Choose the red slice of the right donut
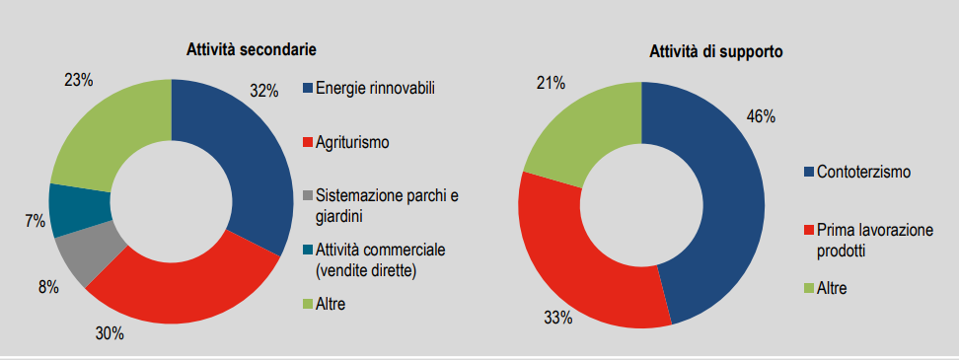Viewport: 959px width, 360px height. (x=572, y=266)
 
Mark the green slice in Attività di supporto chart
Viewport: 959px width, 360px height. (x=582, y=128)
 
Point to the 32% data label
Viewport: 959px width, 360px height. (x=264, y=91)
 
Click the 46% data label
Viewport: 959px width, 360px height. (x=760, y=116)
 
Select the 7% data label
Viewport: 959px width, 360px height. (x=36, y=222)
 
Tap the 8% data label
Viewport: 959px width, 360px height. (x=48, y=287)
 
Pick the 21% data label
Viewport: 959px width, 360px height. (x=549, y=80)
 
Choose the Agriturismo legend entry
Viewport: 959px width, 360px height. (x=352, y=142)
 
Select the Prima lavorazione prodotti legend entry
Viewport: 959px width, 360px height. (x=874, y=240)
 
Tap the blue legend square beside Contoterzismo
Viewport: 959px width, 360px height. (x=808, y=173)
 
